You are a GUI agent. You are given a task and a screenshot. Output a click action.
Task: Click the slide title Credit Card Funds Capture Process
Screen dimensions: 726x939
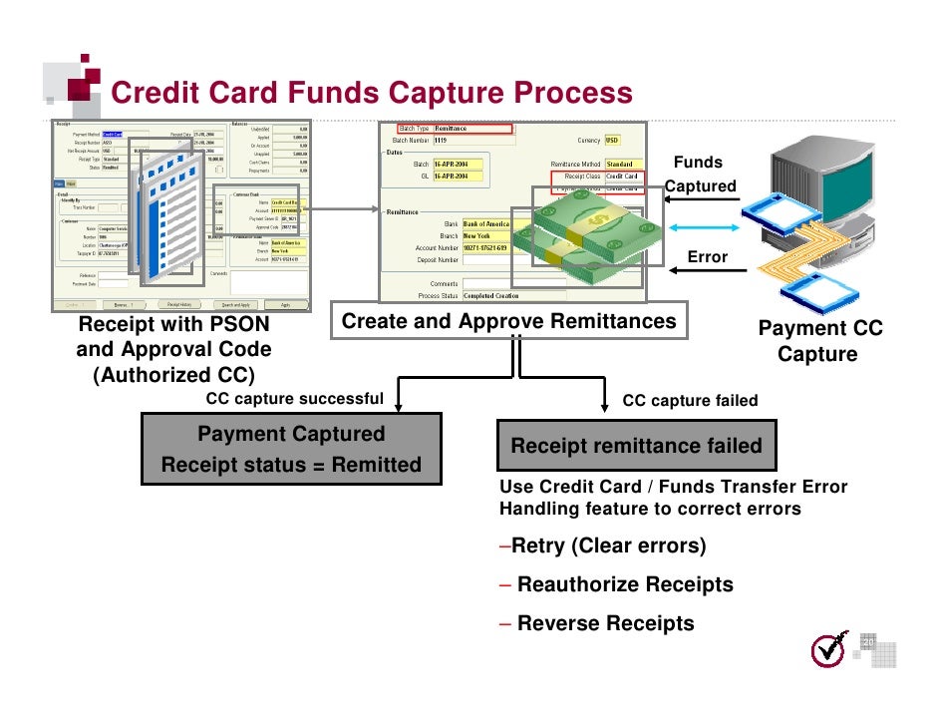coord(371,93)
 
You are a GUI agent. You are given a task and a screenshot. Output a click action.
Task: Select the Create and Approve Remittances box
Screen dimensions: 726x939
coord(508,321)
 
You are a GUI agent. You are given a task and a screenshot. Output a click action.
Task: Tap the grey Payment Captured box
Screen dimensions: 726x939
coord(291,449)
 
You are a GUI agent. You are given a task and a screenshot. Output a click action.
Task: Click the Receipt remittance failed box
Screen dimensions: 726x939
coord(636,445)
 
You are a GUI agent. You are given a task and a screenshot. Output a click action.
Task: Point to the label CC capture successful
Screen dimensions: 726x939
coord(294,399)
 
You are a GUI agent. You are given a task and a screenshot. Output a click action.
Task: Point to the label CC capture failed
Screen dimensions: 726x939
coord(690,401)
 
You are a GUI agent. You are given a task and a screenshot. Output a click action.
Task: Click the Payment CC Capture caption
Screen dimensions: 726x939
coord(819,341)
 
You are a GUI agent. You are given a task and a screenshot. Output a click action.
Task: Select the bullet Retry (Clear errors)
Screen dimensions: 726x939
coord(602,546)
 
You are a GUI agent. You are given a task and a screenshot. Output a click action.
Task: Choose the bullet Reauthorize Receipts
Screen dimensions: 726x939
coord(616,584)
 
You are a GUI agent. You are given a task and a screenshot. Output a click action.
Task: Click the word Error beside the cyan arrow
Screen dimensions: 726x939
coord(708,257)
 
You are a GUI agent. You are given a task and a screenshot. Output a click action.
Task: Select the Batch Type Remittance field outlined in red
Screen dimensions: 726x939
coord(455,129)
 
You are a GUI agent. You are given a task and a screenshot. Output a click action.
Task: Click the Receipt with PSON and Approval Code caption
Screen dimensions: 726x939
coord(173,349)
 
